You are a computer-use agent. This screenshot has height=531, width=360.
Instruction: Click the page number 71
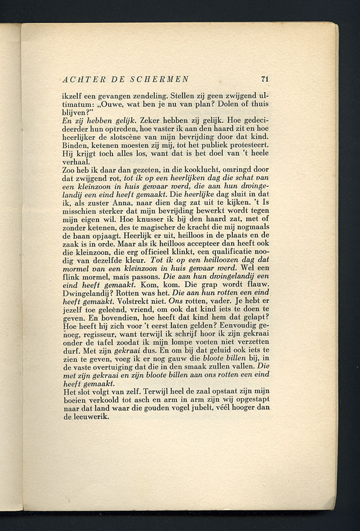[265, 79]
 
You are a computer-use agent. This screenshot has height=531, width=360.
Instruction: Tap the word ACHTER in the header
[83, 79]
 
